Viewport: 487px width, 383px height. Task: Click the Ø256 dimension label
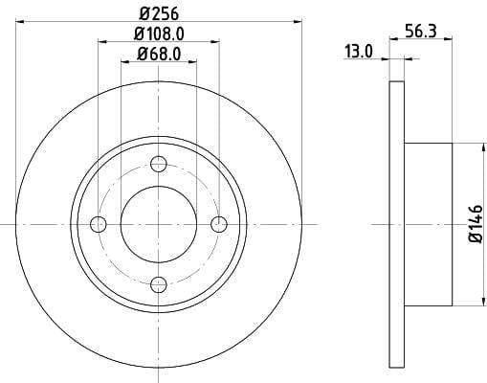point(159,14)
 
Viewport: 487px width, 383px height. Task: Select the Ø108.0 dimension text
point(159,34)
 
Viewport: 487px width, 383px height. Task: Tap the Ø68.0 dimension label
point(159,54)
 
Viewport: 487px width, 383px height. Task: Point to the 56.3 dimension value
point(421,32)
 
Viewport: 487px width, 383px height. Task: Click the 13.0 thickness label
point(359,52)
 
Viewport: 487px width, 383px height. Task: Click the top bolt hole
point(159,165)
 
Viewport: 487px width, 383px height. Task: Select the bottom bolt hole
point(159,284)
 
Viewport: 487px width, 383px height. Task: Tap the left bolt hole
point(99,224)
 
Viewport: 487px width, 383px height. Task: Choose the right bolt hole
point(219,224)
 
